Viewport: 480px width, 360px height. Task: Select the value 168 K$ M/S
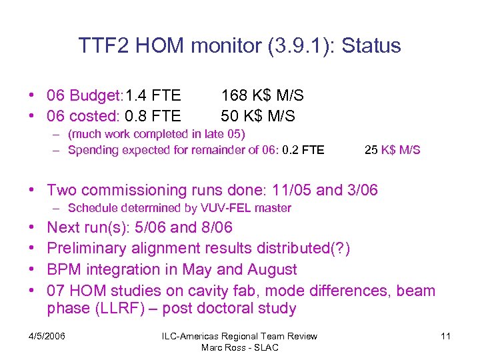[262, 96]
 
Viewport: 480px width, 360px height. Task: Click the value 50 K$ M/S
[257, 116]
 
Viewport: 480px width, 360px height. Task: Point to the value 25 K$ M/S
[392, 150]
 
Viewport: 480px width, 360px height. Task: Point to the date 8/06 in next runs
[216, 227]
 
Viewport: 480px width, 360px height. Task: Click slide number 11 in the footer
[445, 337]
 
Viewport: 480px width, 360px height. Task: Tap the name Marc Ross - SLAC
[240, 347]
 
